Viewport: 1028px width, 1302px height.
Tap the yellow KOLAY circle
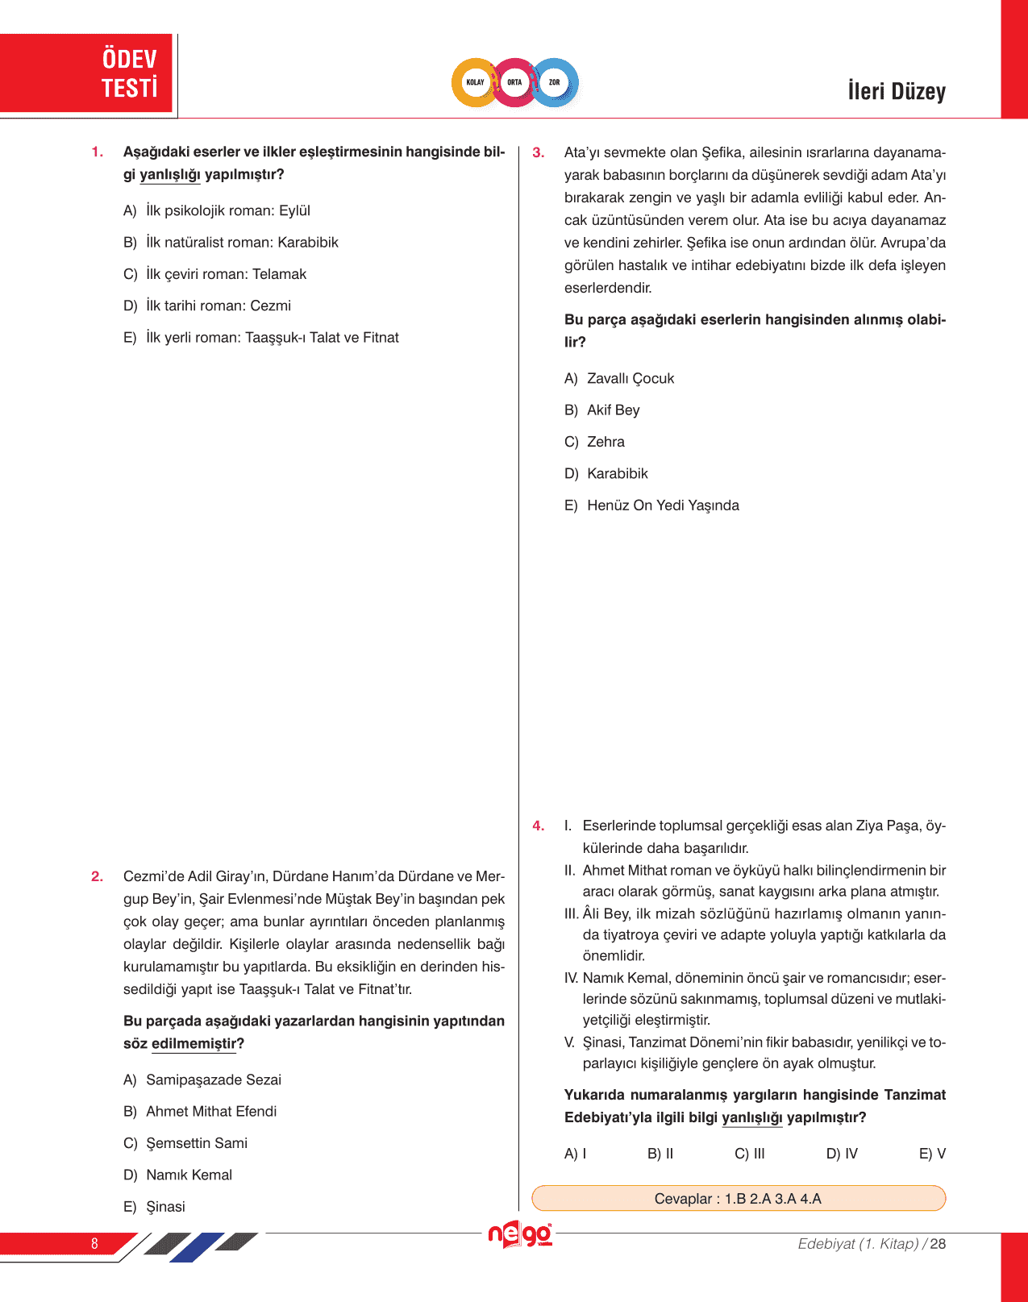475,82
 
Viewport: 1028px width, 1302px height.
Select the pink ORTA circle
514,82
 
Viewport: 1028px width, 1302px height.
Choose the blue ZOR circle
555,82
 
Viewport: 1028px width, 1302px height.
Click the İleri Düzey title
896,91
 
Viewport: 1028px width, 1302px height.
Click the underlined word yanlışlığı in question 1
169,175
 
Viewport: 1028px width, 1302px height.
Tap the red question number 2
97,876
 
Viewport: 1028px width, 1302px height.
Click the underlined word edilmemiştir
194,1043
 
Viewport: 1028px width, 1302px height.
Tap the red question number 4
538,826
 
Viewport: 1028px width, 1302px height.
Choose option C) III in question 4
749,1154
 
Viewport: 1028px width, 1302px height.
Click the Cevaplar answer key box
738,1198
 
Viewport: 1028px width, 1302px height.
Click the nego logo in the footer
520,1234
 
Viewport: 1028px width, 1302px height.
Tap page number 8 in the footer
94,1243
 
